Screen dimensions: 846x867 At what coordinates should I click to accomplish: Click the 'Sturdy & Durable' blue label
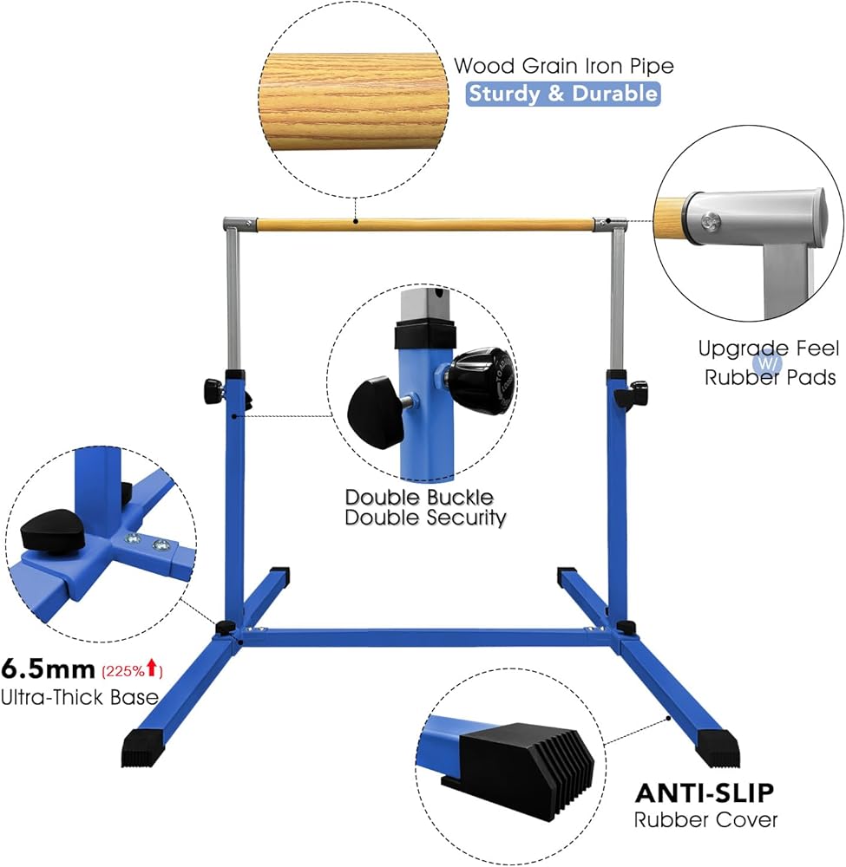[563, 94]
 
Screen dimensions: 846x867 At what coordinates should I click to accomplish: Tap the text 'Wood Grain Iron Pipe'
[564, 66]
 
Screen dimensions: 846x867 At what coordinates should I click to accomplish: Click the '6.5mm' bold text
[48, 669]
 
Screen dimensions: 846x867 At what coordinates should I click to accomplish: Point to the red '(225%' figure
[122, 671]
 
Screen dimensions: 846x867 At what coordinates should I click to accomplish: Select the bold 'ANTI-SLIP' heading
[705, 793]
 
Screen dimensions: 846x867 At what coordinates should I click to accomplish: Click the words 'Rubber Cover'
[705, 820]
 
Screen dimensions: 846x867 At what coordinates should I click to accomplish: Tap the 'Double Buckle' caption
[419, 497]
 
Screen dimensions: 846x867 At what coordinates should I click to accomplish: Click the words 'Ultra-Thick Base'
[80, 697]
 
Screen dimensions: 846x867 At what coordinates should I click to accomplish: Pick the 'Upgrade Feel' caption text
[769, 349]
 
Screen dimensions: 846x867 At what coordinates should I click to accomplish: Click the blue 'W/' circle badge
[767, 364]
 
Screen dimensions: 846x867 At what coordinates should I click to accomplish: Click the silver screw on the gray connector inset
[709, 222]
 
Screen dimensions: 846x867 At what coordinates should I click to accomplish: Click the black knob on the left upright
[213, 391]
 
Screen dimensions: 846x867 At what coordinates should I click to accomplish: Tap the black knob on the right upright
[639, 392]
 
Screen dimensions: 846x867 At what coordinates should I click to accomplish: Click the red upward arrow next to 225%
[153, 669]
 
